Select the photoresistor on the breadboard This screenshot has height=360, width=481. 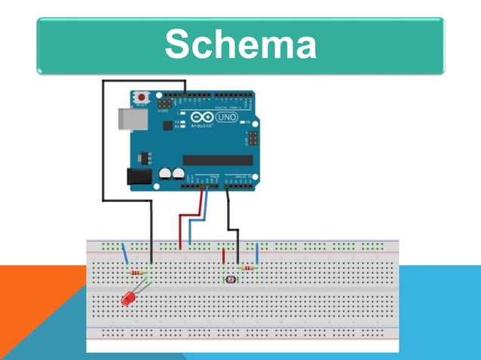(230, 279)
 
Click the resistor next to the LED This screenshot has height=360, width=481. (137, 272)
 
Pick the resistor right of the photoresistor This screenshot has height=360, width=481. (246, 267)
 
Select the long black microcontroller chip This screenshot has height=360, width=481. (217, 160)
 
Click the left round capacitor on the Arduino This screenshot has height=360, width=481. (164, 174)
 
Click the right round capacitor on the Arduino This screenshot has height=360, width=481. (178, 174)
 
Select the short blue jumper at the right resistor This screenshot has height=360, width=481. (258, 254)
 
